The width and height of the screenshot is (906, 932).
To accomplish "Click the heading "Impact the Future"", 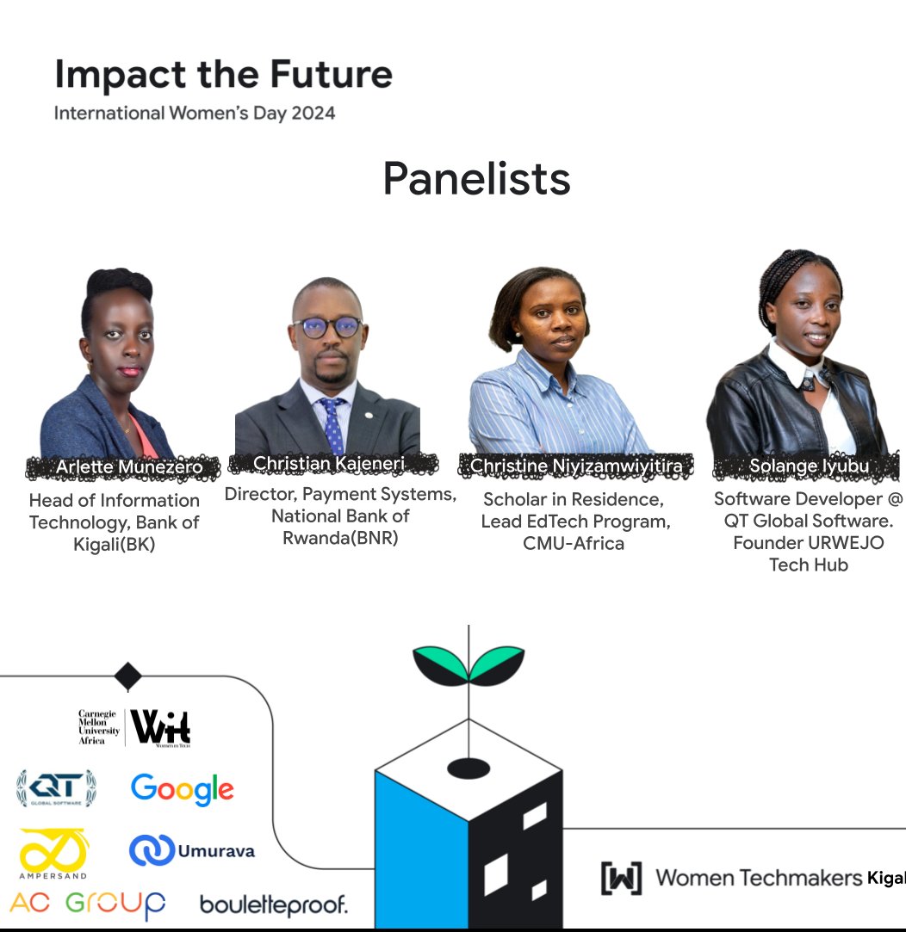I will (223, 76).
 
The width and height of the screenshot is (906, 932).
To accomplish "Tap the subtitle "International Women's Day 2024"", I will (194, 114).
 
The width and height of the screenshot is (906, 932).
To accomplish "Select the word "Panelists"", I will (476, 179).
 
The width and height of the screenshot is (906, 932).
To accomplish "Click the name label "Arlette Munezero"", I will (129, 467).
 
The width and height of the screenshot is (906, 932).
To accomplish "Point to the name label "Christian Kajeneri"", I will (328, 464).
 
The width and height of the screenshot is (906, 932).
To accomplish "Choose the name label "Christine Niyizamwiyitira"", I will (575, 466).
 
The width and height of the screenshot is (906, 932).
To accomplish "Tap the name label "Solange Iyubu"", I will (809, 466).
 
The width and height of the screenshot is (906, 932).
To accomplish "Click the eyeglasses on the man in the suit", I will (326, 328).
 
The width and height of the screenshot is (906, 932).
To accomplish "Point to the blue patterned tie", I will (332, 425).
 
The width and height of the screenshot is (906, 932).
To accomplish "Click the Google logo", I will (182, 789).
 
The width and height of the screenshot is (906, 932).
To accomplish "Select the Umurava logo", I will (192, 850).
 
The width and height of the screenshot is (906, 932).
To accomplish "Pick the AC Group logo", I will (88, 904).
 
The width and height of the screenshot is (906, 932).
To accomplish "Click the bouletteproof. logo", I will (274, 904).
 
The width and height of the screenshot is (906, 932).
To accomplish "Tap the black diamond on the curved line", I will (127, 676).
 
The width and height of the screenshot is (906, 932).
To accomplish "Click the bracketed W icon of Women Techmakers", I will (621, 878).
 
